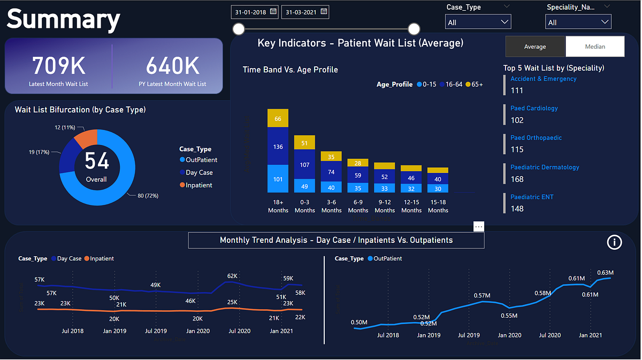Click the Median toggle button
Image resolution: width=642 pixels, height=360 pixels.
coord(594,47)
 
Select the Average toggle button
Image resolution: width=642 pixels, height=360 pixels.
coord(534,47)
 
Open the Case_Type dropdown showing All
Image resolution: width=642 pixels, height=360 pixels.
coord(478,22)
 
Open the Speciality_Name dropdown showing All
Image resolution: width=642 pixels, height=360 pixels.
coord(578,22)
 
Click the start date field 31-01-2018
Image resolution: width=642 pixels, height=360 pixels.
coord(255,12)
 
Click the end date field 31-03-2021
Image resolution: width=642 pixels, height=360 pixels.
coord(305,12)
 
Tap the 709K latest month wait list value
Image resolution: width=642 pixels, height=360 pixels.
coord(58,66)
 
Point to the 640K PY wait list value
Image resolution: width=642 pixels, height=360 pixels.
coord(172,66)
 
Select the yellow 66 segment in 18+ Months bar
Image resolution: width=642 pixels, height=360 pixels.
coord(278,118)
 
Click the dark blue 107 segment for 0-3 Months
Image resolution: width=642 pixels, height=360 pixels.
coord(304,164)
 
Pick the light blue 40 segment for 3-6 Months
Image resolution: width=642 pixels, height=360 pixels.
coord(331,188)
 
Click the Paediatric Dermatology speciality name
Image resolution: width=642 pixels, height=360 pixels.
coord(544,167)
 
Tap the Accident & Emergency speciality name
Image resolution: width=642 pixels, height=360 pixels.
coord(543,79)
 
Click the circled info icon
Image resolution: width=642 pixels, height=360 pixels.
coord(614,242)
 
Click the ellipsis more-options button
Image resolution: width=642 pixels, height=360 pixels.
coord(478,226)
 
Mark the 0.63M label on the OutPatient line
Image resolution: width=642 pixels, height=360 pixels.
coord(606,273)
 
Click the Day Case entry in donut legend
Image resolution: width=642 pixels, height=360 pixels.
coord(198,172)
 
